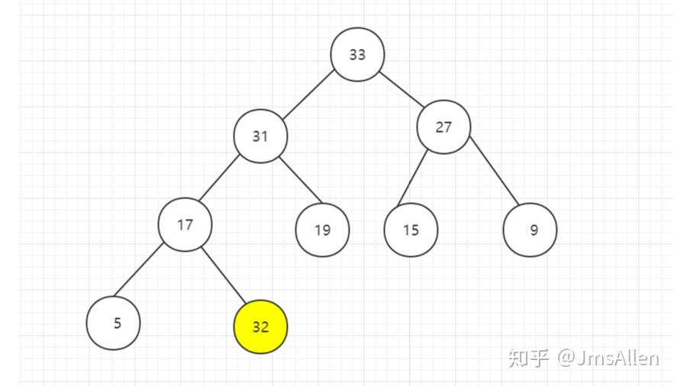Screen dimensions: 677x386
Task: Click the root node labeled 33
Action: (357, 54)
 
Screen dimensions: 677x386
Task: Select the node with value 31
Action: (260, 136)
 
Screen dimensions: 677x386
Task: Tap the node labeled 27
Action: (443, 127)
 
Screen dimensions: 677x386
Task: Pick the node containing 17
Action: (185, 224)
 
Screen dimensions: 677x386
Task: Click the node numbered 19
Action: (322, 230)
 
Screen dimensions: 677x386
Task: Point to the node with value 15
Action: (411, 230)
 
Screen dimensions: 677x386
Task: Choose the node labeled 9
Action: (530, 230)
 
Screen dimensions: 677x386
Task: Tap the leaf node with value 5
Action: (113, 323)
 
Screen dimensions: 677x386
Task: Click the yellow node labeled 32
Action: (260, 326)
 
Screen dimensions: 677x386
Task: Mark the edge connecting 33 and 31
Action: (308, 95)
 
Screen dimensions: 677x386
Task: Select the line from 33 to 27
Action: (401, 89)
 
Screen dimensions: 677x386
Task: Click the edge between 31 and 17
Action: (219, 178)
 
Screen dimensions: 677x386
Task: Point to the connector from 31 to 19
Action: (301, 180)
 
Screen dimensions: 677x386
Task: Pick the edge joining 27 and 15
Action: (412, 178)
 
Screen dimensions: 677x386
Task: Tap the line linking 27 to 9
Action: (495, 171)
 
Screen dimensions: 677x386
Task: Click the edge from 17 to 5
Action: (138, 270)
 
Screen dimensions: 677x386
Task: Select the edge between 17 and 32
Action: (224, 275)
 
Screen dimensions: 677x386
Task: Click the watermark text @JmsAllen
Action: (608, 359)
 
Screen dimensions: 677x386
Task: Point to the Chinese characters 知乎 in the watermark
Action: (528, 359)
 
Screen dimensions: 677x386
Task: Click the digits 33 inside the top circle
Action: (357, 54)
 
